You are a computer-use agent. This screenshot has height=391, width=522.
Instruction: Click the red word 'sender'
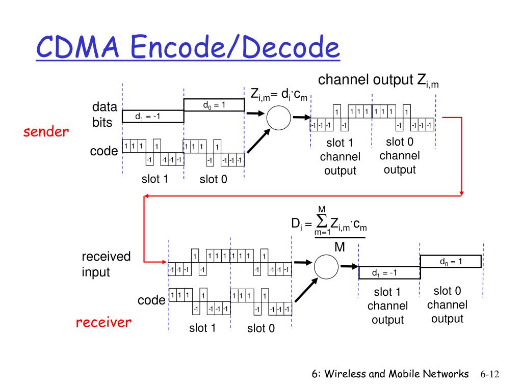click(46, 132)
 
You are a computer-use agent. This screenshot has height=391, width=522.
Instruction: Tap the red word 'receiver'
click(103, 322)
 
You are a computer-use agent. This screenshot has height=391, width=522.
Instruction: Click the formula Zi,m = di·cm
click(279, 95)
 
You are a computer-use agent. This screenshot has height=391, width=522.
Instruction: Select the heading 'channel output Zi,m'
click(378, 80)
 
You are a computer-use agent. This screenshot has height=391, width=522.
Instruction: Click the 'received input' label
click(106, 264)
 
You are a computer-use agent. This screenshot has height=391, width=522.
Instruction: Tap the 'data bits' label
click(105, 115)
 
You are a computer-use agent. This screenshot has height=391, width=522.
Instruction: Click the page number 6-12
click(490, 374)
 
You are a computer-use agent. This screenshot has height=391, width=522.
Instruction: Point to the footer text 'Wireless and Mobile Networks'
click(397, 374)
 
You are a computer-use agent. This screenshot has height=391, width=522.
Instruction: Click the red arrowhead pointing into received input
click(164, 262)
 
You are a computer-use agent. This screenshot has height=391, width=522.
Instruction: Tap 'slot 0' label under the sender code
click(214, 179)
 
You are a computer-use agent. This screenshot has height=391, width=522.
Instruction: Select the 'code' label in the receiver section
click(151, 300)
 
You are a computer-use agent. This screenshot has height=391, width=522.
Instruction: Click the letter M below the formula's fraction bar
click(340, 247)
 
